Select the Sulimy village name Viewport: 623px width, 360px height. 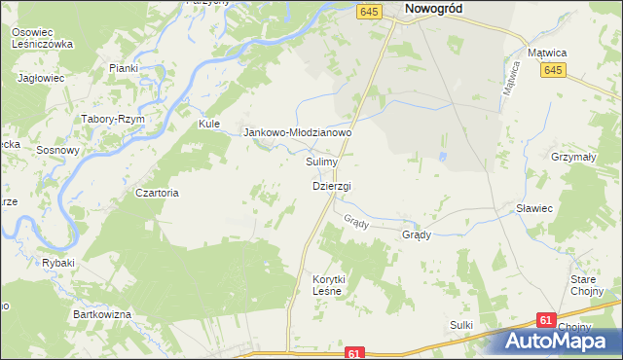coord(321,162)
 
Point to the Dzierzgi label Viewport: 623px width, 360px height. coord(332,186)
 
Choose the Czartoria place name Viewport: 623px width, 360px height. coord(158,193)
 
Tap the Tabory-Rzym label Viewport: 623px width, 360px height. coord(115,118)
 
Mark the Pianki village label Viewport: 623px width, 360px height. coord(124,68)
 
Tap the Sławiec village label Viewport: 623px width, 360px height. coord(534,208)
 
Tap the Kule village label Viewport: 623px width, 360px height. coord(210,125)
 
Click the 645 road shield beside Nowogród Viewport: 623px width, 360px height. coord(368,11)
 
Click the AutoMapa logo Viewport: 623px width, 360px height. coord(562,341)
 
